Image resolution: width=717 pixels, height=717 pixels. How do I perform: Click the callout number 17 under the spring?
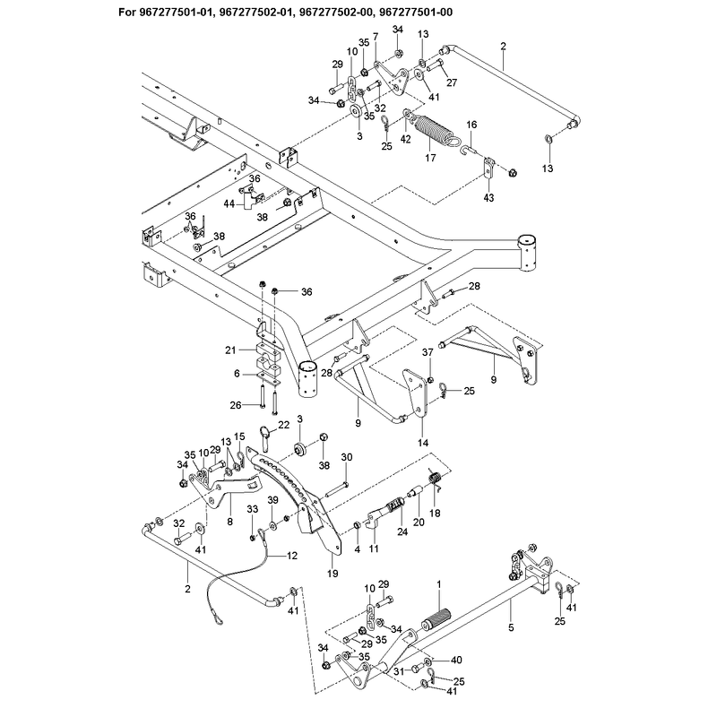click(430, 158)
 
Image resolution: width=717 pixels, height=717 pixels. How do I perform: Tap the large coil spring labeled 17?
click(435, 128)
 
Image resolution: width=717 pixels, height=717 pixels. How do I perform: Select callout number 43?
click(488, 197)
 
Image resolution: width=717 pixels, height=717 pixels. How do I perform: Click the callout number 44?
click(229, 203)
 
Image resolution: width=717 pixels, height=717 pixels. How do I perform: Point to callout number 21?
click(230, 350)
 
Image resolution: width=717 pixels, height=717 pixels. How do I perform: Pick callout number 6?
click(237, 374)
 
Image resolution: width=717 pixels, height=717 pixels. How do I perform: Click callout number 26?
click(236, 405)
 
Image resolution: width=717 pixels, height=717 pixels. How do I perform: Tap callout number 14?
click(423, 443)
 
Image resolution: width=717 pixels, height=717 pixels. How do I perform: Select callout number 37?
click(428, 352)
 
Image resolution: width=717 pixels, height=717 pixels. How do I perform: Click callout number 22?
click(284, 425)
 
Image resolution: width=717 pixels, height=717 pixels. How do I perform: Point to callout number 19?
click(333, 574)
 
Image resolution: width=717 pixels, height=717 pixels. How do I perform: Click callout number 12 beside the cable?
click(292, 556)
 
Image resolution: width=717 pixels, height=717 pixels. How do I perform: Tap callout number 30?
click(347, 457)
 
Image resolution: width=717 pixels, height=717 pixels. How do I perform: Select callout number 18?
click(435, 513)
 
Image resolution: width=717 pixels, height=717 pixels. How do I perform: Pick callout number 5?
click(511, 628)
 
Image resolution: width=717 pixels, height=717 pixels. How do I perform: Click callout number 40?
click(456, 660)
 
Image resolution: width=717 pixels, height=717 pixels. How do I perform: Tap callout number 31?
click(399, 671)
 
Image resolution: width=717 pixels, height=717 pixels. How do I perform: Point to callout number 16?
click(471, 125)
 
